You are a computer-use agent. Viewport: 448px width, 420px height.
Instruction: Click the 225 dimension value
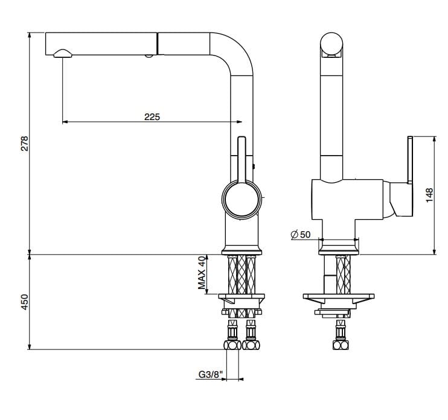point(152,117)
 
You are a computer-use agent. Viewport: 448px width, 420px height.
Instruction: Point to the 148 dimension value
point(429,194)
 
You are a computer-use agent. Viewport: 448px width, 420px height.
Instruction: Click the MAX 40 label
point(203,272)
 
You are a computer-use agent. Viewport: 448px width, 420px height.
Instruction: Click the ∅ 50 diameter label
point(300,234)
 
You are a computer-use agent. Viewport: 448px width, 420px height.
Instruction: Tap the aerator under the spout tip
point(62,54)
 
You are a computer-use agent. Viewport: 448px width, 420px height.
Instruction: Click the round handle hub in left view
point(243,200)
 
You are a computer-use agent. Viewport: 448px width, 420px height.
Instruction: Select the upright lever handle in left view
point(242,158)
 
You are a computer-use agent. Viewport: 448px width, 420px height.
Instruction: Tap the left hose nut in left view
point(231,345)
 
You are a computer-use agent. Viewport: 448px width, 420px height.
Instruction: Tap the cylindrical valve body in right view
point(347,199)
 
